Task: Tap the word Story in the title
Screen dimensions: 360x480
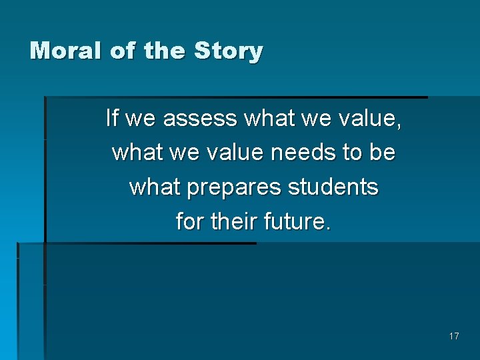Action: (x=229, y=51)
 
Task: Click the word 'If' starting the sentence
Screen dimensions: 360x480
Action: (x=112, y=118)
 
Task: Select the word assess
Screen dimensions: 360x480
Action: (x=200, y=119)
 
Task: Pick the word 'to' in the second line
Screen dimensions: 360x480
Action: (x=352, y=153)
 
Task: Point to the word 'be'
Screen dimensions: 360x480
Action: (x=383, y=153)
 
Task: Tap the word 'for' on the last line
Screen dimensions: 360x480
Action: (x=191, y=222)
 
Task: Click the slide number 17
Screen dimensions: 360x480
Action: (x=454, y=336)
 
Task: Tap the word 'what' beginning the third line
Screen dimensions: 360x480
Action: (x=155, y=187)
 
